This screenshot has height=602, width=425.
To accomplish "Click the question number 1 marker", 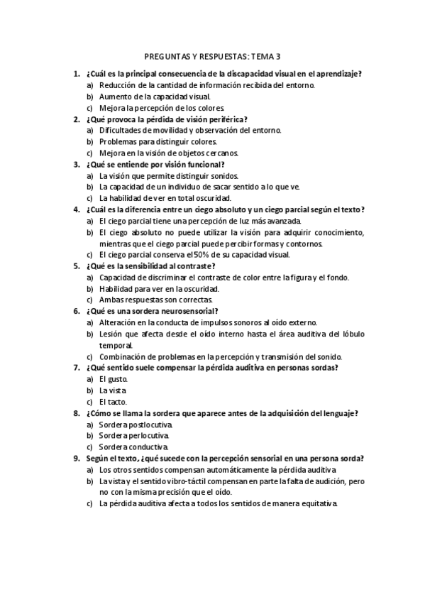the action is [76, 73].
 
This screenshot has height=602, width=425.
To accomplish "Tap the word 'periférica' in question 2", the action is [232, 119].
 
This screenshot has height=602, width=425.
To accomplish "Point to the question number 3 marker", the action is [76, 164].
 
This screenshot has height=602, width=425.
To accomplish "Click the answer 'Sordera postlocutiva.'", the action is [136, 425].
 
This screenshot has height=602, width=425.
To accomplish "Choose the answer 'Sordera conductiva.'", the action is [134, 447].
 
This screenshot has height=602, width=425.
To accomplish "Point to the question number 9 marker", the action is [76, 459].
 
